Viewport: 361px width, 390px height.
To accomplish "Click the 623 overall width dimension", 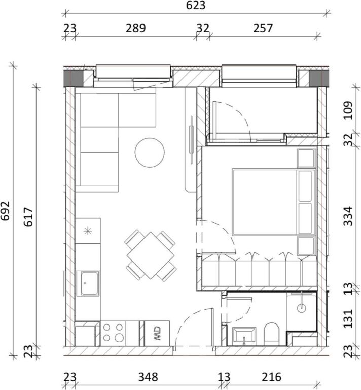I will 196,6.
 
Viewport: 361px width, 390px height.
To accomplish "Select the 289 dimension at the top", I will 135,28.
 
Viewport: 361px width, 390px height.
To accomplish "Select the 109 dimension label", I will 347,110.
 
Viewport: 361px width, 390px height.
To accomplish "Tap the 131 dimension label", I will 347,319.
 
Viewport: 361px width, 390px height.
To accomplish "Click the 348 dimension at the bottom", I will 148,377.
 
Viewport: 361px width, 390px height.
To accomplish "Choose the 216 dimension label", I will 271,377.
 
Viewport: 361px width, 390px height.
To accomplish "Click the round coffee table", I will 150,152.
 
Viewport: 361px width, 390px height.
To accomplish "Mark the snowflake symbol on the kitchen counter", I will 88,231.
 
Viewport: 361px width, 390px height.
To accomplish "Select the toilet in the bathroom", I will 272,334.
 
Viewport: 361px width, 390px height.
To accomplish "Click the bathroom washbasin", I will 244,336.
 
